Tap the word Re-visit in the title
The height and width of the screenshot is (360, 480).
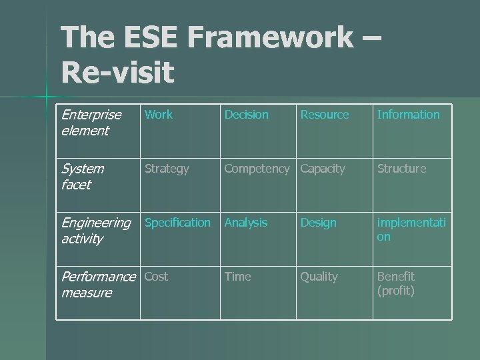point(117,73)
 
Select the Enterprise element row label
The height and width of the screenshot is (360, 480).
point(91,123)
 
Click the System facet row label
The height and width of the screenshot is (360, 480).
point(83,177)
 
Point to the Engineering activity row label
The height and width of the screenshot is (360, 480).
point(96,231)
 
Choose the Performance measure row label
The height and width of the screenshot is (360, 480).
point(97,285)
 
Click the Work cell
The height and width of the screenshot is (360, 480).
point(159,115)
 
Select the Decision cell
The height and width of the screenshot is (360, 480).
point(246,115)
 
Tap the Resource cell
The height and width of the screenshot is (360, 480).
point(324,115)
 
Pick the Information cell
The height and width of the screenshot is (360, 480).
point(408,115)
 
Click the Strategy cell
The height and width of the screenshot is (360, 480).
point(167,169)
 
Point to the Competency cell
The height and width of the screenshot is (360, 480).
point(257,169)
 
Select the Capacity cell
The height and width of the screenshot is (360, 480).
point(323,169)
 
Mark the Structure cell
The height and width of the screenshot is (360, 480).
point(401,169)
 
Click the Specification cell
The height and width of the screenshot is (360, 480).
point(177,223)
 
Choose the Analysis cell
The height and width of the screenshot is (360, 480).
point(245,223)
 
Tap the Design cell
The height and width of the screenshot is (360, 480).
point(318,223)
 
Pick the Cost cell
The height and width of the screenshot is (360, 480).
point(157,277)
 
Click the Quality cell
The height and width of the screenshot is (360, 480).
point(319,277)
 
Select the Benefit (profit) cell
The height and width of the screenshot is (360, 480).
point(396,283)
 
